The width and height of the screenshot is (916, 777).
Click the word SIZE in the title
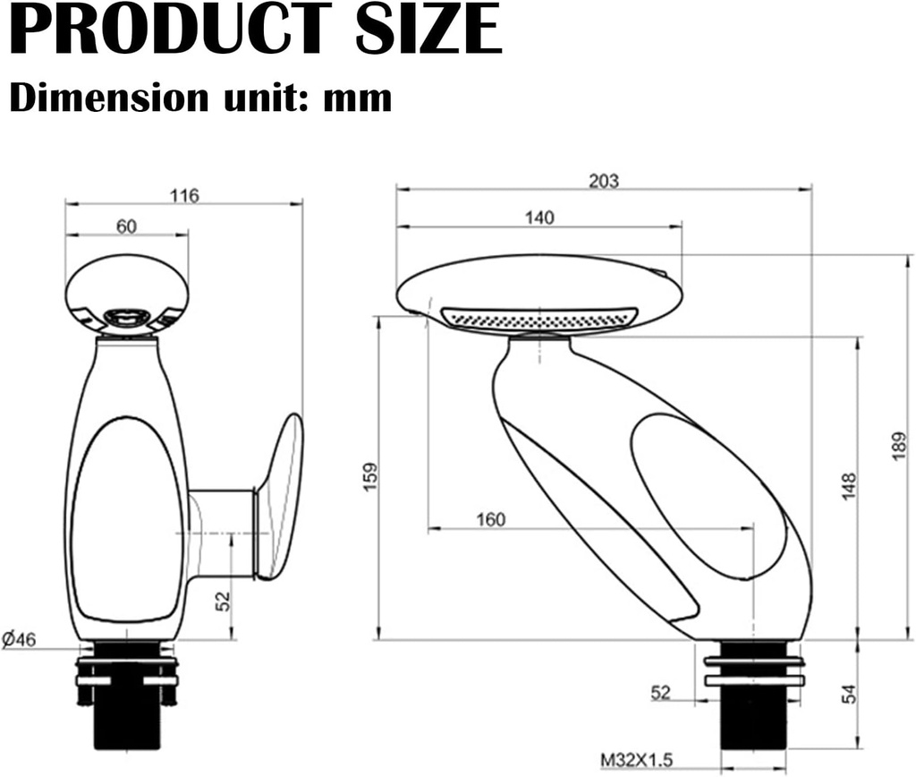click(x=428, y=30)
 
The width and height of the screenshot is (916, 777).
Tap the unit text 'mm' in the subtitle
click(x=358, y=98)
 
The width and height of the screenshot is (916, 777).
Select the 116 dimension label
click(x=184, y=195)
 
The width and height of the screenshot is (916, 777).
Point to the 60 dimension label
click(x=126, y=226)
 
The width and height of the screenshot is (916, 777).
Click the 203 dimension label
click(x=603, y=180)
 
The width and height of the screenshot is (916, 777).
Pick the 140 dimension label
click(x=539, y=217)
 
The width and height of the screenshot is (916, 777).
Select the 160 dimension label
click(x=490, y=519)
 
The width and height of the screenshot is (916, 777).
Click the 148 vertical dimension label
click(x=849, y=486)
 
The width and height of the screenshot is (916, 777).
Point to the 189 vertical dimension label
click(x=899, y=447)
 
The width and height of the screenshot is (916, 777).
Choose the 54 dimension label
click(x=849, y=694)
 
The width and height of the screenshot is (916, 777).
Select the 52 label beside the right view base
click(x=660, y=692)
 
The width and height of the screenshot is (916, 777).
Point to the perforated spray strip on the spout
click(x=540, y=318)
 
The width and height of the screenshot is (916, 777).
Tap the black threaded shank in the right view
click(x=753, y=716)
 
